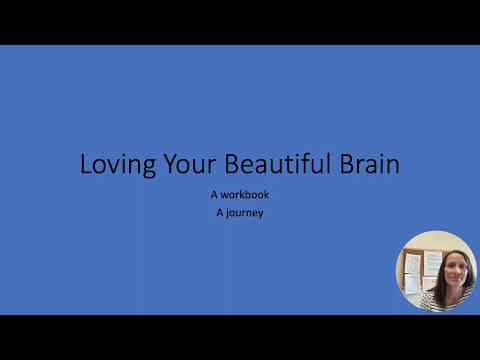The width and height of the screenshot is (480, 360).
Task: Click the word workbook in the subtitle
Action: [x=246, y=195]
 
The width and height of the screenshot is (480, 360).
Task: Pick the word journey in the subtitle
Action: [x=245, y=212]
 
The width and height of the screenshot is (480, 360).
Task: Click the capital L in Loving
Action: [x=86, y=165]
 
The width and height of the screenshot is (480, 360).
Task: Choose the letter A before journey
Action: [x=219, y=212]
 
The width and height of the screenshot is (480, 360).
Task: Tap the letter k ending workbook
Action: [x=266, y=195]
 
